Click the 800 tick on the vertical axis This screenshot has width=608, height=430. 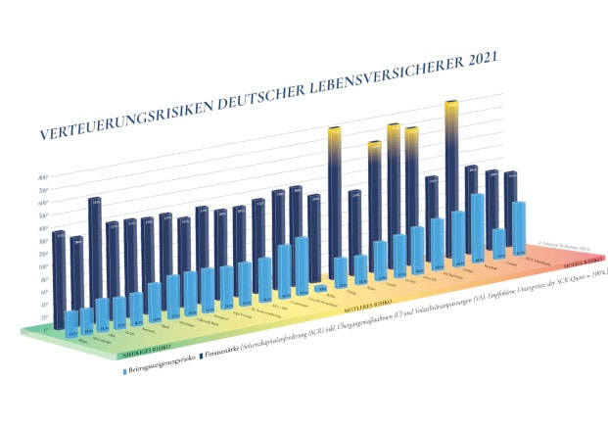[42, 177]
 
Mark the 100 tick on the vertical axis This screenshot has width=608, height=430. [42, 265]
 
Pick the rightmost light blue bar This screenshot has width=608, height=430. [519, 227]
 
